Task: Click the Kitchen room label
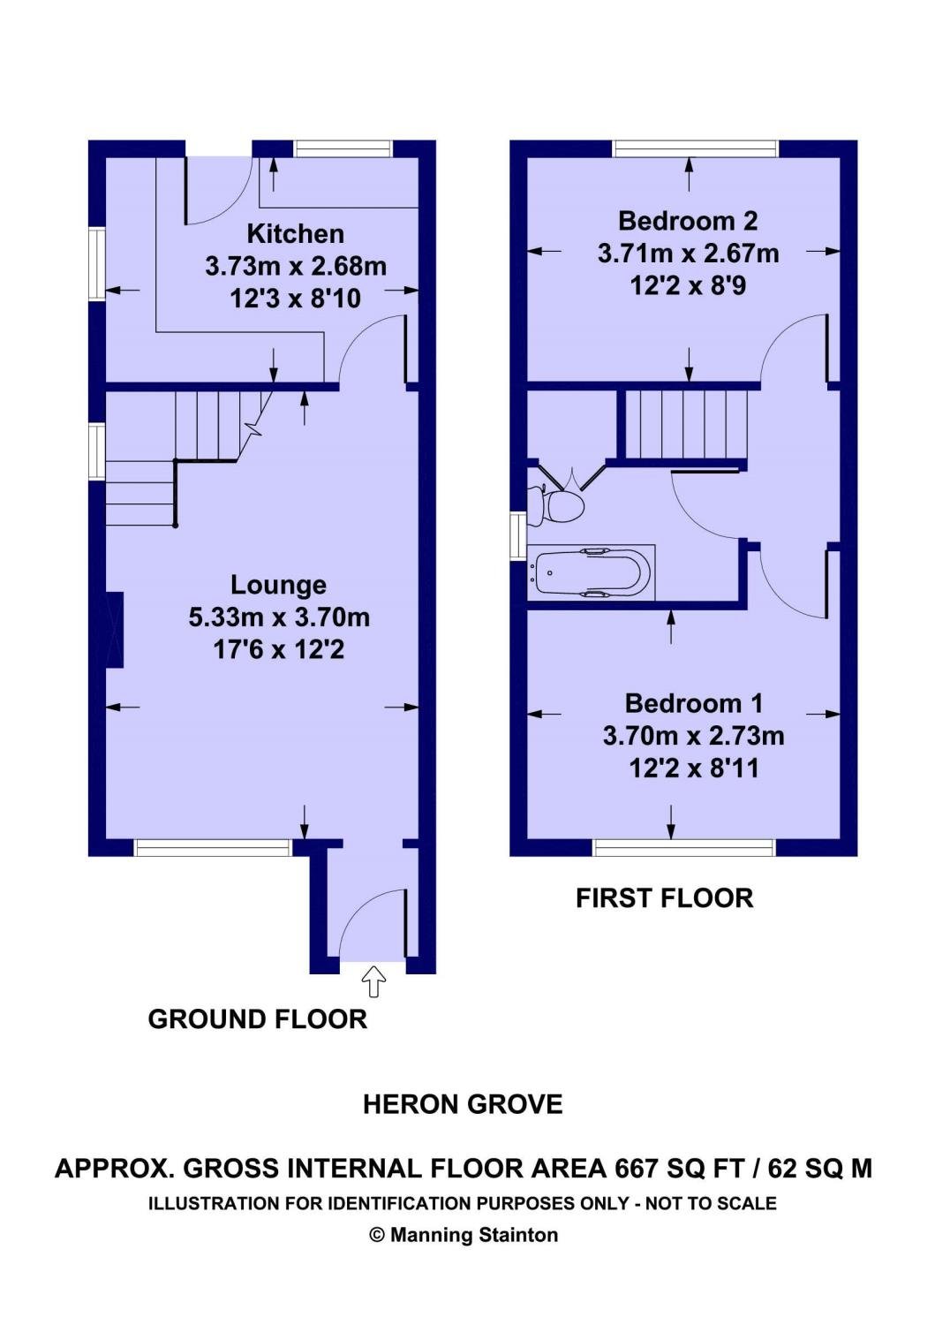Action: coord(295,234)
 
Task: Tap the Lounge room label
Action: coord(278,585)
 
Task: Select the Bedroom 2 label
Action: coord(688,221)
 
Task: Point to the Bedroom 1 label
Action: coord(694,704)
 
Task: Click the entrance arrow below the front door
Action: coord(373,981)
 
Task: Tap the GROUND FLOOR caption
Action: coord(257,1019)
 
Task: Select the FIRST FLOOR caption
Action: coord(665,898)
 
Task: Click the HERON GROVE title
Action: coord(463,1104)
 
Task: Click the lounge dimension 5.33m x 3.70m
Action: coord(279,618)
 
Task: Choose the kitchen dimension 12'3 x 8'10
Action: coord(295,299)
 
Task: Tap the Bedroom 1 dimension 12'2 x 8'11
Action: coord(694,769)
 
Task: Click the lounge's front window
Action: coord(213,848)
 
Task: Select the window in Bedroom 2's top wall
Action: coord(695,148)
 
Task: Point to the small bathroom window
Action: coord(518,535)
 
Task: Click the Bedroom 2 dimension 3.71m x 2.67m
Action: coord(689,254)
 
